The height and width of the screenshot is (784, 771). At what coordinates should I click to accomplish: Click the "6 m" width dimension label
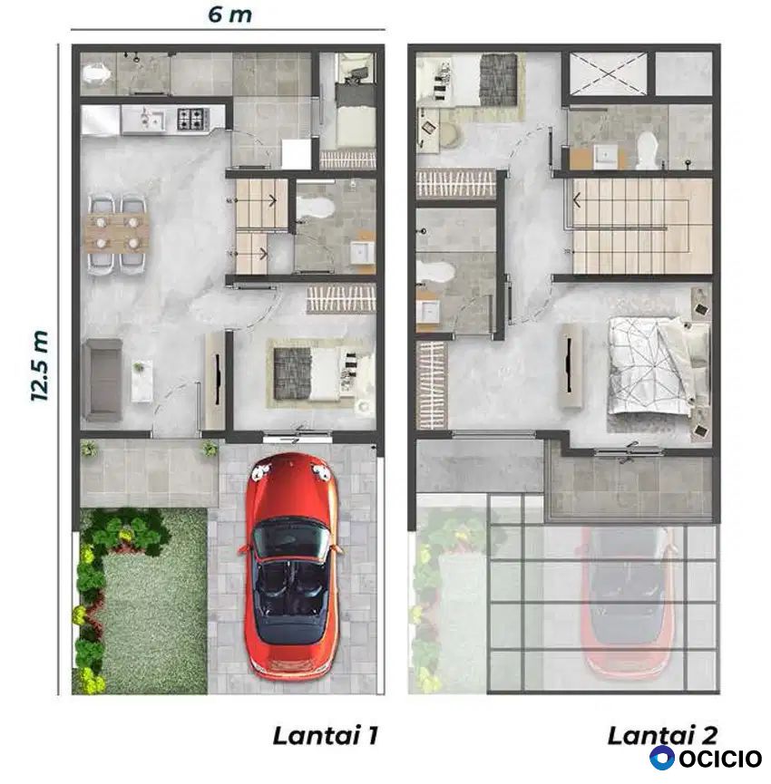[229, 15]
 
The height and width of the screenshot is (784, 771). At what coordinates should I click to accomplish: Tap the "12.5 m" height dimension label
[39, 365]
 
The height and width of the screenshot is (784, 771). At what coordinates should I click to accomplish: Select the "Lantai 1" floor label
[326, 736]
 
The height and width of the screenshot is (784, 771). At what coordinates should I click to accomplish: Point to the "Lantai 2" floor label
[662, 735]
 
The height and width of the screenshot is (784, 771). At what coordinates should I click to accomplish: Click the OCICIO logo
[706, 758]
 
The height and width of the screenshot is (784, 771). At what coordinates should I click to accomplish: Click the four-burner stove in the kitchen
[192, 119]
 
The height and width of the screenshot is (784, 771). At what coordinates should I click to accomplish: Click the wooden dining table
[118, 233]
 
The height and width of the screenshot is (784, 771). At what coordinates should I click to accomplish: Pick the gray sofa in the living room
[102, 381]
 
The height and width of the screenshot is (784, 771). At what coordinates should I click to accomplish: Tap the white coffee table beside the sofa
[142, 381]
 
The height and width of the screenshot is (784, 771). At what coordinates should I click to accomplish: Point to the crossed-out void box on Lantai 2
[608, 73]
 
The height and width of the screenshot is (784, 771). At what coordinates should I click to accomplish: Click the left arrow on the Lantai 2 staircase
[576, 201]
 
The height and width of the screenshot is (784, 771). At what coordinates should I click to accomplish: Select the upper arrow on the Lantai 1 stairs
[273, 201]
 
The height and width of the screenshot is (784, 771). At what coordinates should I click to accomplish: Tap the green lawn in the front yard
[145, 600]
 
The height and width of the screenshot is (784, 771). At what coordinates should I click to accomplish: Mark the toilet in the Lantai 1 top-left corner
[95, 74]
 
